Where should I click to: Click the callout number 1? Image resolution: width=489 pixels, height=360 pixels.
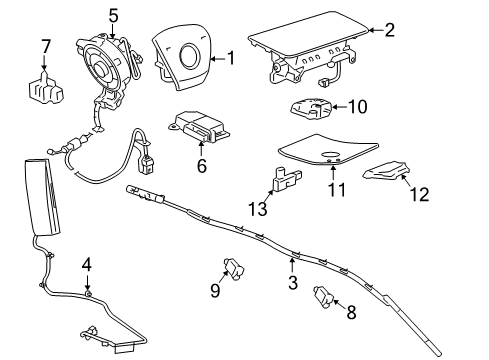[231, 59]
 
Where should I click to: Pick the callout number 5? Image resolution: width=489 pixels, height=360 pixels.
[113, 15]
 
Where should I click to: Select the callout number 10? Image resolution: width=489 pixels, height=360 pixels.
[358, 106]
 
